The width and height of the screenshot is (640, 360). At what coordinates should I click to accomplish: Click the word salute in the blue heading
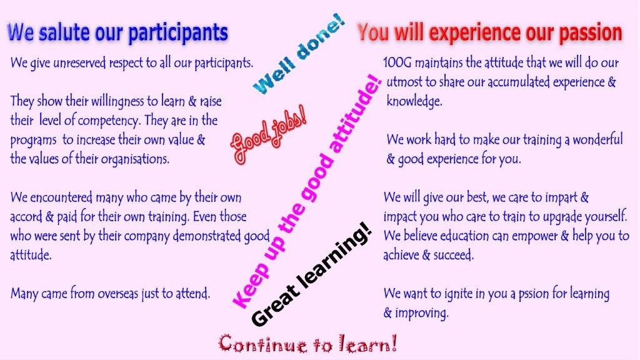click(x=63, y=32)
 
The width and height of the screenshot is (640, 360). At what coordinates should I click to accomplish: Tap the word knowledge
click(x=414, y=101)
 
